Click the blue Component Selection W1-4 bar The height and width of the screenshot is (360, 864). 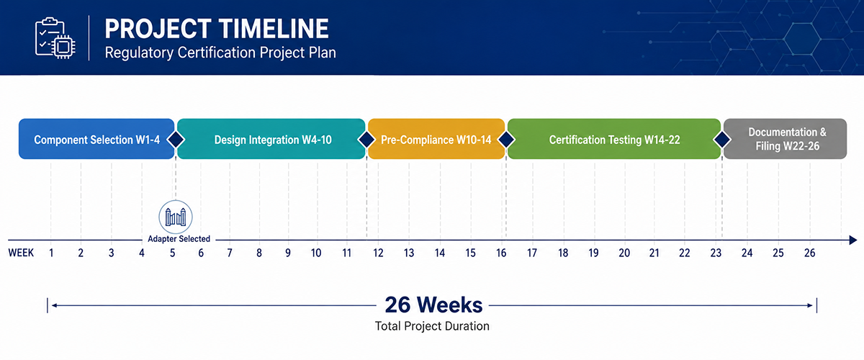tap(96, 139)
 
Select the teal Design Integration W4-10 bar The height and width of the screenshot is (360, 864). tap(271, 139)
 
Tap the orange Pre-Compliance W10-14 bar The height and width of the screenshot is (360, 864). tap(436, 139)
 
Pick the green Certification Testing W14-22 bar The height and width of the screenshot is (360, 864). tap(614, 139)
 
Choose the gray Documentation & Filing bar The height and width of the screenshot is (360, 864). tap(785, 139)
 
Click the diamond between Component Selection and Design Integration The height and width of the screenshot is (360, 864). tap(176, 139)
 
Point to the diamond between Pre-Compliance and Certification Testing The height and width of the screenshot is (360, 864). tap(506, 139)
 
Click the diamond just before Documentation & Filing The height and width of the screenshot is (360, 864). tap(722, 139)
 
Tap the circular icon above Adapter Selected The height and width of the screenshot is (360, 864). tap(176, 217)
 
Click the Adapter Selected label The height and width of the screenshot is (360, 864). tap(179, 239)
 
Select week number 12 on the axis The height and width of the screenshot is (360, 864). tap(378, 253)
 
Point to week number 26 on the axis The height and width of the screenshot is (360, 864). tap(809, 253)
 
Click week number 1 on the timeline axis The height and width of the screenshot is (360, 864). tap(51, 253)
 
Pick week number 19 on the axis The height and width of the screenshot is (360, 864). tap(593, 253)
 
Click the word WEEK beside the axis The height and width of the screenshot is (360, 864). tap(21, 253)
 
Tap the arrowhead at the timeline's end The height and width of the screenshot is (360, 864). tap(852, 240)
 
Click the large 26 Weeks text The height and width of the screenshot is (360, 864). tap(433, 305)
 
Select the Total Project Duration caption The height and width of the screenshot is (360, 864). tap(432, 326)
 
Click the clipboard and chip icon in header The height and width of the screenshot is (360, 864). tap(55, 38)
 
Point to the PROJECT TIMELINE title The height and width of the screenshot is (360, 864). tap(217, 29)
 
